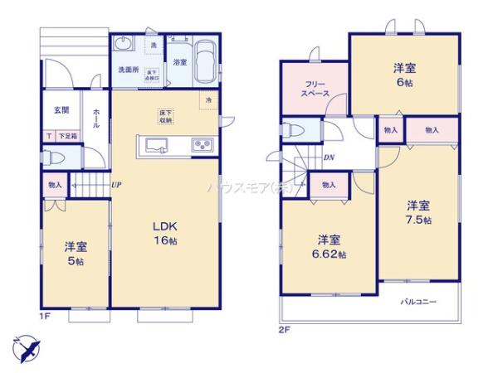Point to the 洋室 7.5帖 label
click(418, 212)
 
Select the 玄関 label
click(61, 109)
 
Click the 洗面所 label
click(127, 70)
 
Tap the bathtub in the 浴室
click(207, 61)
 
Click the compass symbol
click(26, 348)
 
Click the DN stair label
click(329, 157)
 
